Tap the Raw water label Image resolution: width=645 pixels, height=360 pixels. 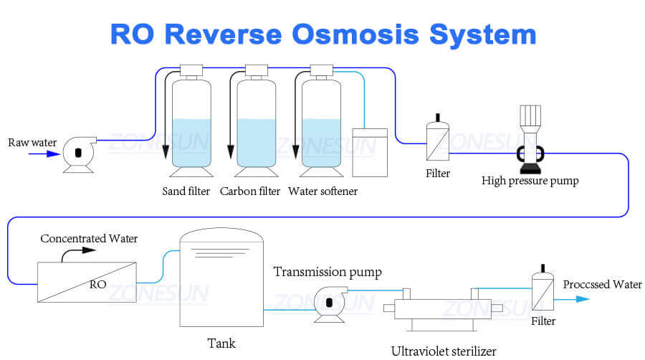coord(32,142)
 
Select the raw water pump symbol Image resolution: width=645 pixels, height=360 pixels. coord(77,153)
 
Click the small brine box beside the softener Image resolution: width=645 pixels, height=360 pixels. coord(370,152)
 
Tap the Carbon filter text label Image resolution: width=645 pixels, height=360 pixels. coord(250,191)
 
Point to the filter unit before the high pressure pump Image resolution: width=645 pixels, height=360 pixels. coord(437,141)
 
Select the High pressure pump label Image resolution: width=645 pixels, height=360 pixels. coord(530,181)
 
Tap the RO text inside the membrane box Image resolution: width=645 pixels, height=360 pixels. coord(97,284)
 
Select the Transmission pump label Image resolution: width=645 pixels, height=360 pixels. coord(328,272)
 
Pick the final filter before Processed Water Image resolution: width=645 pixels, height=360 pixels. coord(543,292)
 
